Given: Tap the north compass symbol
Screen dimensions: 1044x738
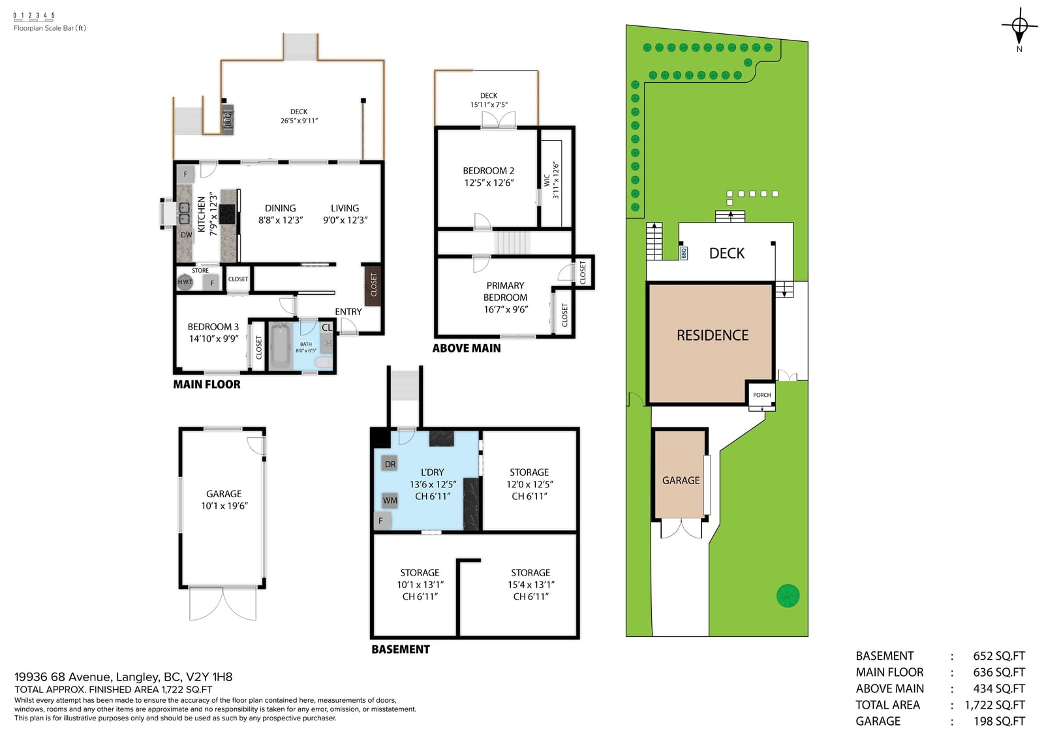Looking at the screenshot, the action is (x=1019, y=27).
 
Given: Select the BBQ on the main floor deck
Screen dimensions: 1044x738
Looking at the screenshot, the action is (x=228, y=120).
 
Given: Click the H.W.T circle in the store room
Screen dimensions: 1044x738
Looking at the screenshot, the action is (x=185, y=282).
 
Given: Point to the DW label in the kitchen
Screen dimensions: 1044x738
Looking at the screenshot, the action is (x=187, y=234).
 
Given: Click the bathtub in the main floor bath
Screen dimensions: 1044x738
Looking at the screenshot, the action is (x=281, y=346).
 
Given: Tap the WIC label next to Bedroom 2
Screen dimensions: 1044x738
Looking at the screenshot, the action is (x=547, y=180).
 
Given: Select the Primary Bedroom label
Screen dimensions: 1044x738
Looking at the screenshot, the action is (x=505, y=292).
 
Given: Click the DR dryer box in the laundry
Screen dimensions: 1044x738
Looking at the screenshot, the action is (x=390, y=464).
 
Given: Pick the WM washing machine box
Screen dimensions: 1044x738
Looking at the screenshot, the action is (x=390, y=500).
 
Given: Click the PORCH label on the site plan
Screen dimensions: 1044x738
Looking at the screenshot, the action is (x=762, y=395).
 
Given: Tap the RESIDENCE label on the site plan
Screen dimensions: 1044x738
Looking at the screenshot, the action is (x=713, y=335).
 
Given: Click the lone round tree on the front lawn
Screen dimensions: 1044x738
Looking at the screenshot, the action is (x=788, y=596).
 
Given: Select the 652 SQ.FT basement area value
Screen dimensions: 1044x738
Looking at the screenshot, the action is (x=999, y=656).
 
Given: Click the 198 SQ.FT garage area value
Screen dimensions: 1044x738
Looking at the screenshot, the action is (x=999, y=721).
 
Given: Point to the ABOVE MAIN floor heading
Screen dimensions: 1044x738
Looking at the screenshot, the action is (x=467, y=348).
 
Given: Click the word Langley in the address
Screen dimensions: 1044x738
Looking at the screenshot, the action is (x=136, y=677).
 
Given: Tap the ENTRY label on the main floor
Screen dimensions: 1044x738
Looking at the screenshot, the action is (x=348, y=311).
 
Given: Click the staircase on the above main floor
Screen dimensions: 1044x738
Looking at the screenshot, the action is (x=512, y=243).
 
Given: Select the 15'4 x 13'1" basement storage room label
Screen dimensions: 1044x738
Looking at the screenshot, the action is (x=530, y=585).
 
